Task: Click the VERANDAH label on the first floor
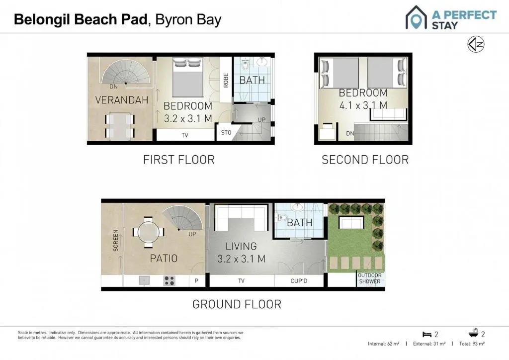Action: pyautogui.click(x=122, y=100)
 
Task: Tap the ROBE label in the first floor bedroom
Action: pyautogui.click(x=226, y=80)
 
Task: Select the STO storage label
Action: pyautogui.click(x=226, y=132)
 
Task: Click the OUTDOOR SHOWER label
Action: pyautogui.click(x=370, y=278)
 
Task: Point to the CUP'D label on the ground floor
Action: pyautogui.click(x=299, y=281)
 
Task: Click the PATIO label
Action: pyautogui.click(x=164, y=259)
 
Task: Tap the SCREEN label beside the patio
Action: pyautogui.click(x=115, y=241)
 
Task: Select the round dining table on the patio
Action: pyautogui.click(x=148, y=232)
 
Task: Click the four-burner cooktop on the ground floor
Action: pyautogui.click(x=170, y=280)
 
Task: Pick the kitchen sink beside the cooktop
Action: pyautogui.click(x=144, y=280)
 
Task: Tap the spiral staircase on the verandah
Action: pyautogui.click(x=126, y=72)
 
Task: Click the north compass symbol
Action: pyautogui.click(x=476, y=44)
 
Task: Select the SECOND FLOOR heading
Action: pyautogui.click(x=365, y=160)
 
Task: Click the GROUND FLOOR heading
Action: pyautogui.click(x=237, y=304)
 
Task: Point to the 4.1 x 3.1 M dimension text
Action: pyautogui.click(x=363, y=105)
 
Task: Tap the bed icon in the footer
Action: pyautogui.click(x=427, y=334)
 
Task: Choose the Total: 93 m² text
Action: pyautogui.click(x=472, y=344)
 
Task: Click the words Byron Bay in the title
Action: pyautogui.click(x=188, y=19)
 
